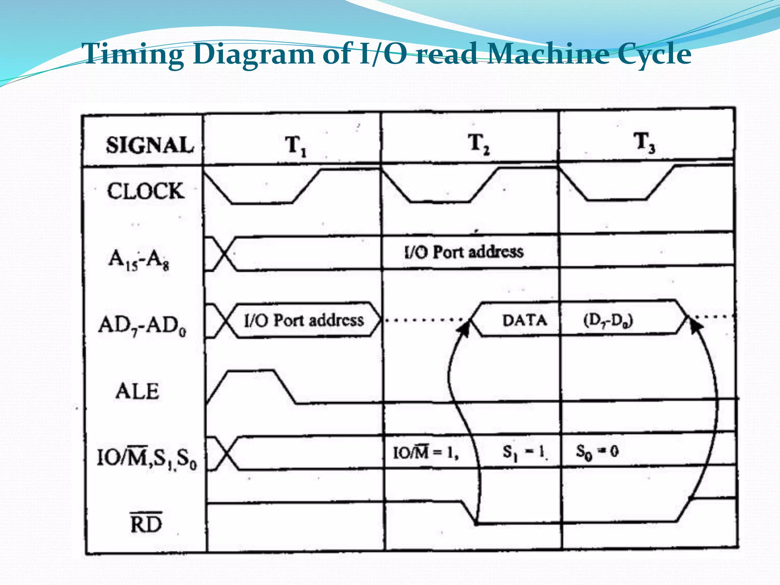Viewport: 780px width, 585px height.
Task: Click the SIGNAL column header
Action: click(150, 145)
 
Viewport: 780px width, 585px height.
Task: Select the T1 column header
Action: click(296, 145)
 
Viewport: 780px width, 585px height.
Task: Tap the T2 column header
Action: click(479, 144)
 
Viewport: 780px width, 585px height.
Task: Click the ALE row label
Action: click(137, 391)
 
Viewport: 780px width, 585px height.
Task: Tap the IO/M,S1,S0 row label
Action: click(147, 458)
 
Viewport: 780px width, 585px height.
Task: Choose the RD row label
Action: click(146, 524)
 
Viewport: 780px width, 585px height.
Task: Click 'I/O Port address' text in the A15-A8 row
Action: click(464, 252)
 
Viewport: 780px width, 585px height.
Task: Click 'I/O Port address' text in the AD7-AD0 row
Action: click(304, 320)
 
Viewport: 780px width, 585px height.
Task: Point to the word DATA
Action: click(524, 320)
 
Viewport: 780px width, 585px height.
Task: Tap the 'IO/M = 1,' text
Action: click(425, 452)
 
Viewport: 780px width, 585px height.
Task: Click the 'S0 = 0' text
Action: click(597, 452)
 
